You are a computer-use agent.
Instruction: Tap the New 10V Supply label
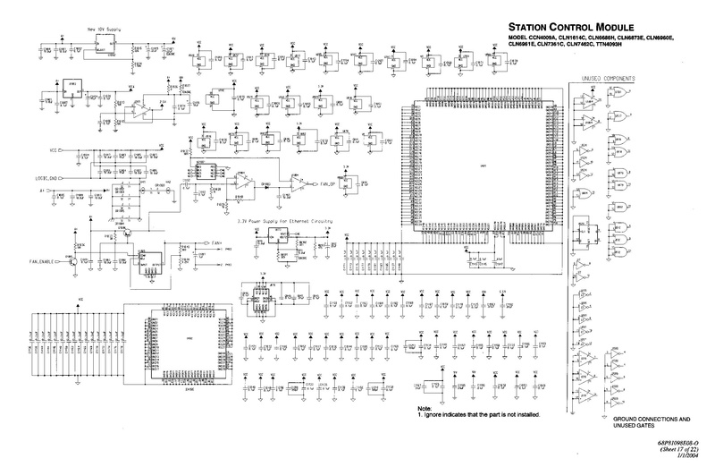(x=103, y=30)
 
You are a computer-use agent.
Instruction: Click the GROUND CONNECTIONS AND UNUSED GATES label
(x=652, y=423)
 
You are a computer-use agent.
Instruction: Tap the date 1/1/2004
(x=686, y=455)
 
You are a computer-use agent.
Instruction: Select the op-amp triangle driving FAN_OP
(x=294, y=182)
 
